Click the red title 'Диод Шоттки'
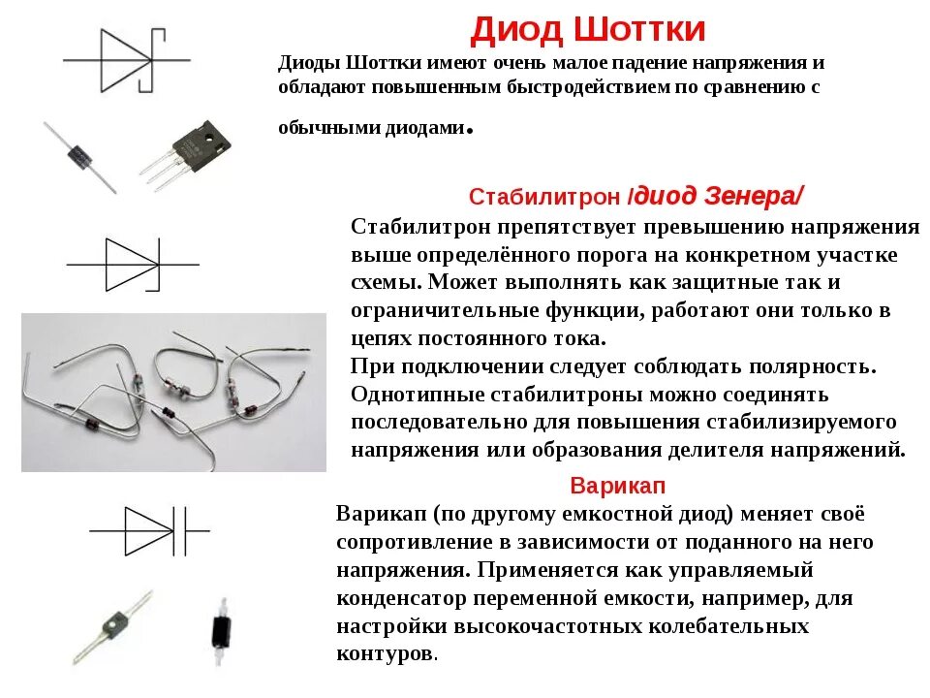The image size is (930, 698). tap(588, 29)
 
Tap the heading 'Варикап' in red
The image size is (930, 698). tap(618, 485)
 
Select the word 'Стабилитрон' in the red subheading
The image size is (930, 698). tap(544, 197)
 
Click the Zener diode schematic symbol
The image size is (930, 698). tap(132, 264)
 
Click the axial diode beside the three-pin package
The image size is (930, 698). tap(79, 155)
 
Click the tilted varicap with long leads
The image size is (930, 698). tap(114, 624)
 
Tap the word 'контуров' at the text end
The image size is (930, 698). tap(385, 653)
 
